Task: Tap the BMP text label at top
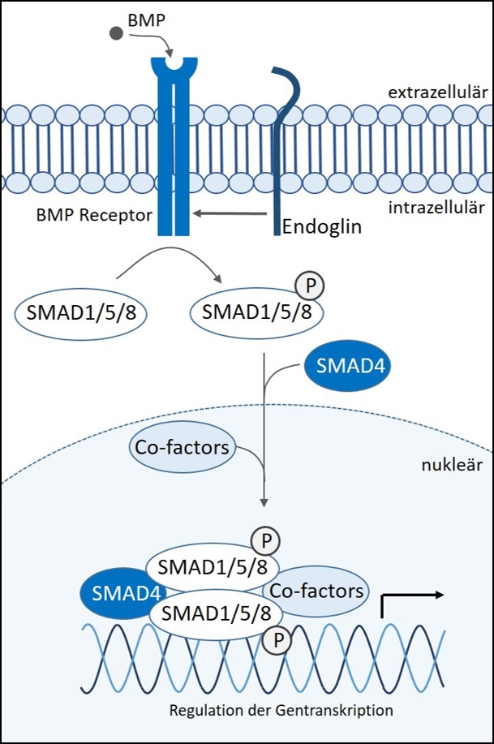147,20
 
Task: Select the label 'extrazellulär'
437,92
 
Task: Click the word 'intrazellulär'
436,208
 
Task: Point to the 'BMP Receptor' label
94,215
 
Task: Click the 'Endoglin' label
322,226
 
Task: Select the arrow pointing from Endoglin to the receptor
230,213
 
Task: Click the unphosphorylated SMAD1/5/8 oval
81,314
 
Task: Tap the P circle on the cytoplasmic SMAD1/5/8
310,286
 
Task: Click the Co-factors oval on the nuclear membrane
183,447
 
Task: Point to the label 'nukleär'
452,465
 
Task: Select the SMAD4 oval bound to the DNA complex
123,593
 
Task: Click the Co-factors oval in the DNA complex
316,591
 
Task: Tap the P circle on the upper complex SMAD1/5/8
266,541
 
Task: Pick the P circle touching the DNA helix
277,640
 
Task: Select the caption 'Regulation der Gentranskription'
281,711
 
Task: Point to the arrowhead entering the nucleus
264,502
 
